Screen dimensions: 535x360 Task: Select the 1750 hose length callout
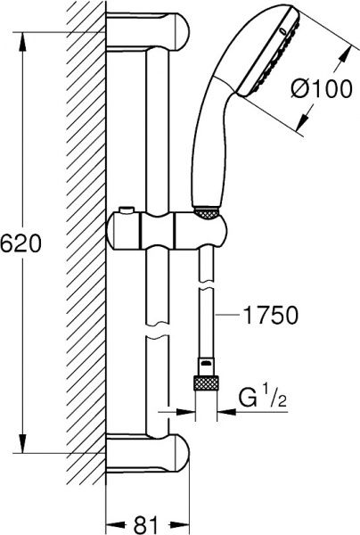coord(266,314)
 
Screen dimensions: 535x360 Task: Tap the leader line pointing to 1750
coord(226,314)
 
